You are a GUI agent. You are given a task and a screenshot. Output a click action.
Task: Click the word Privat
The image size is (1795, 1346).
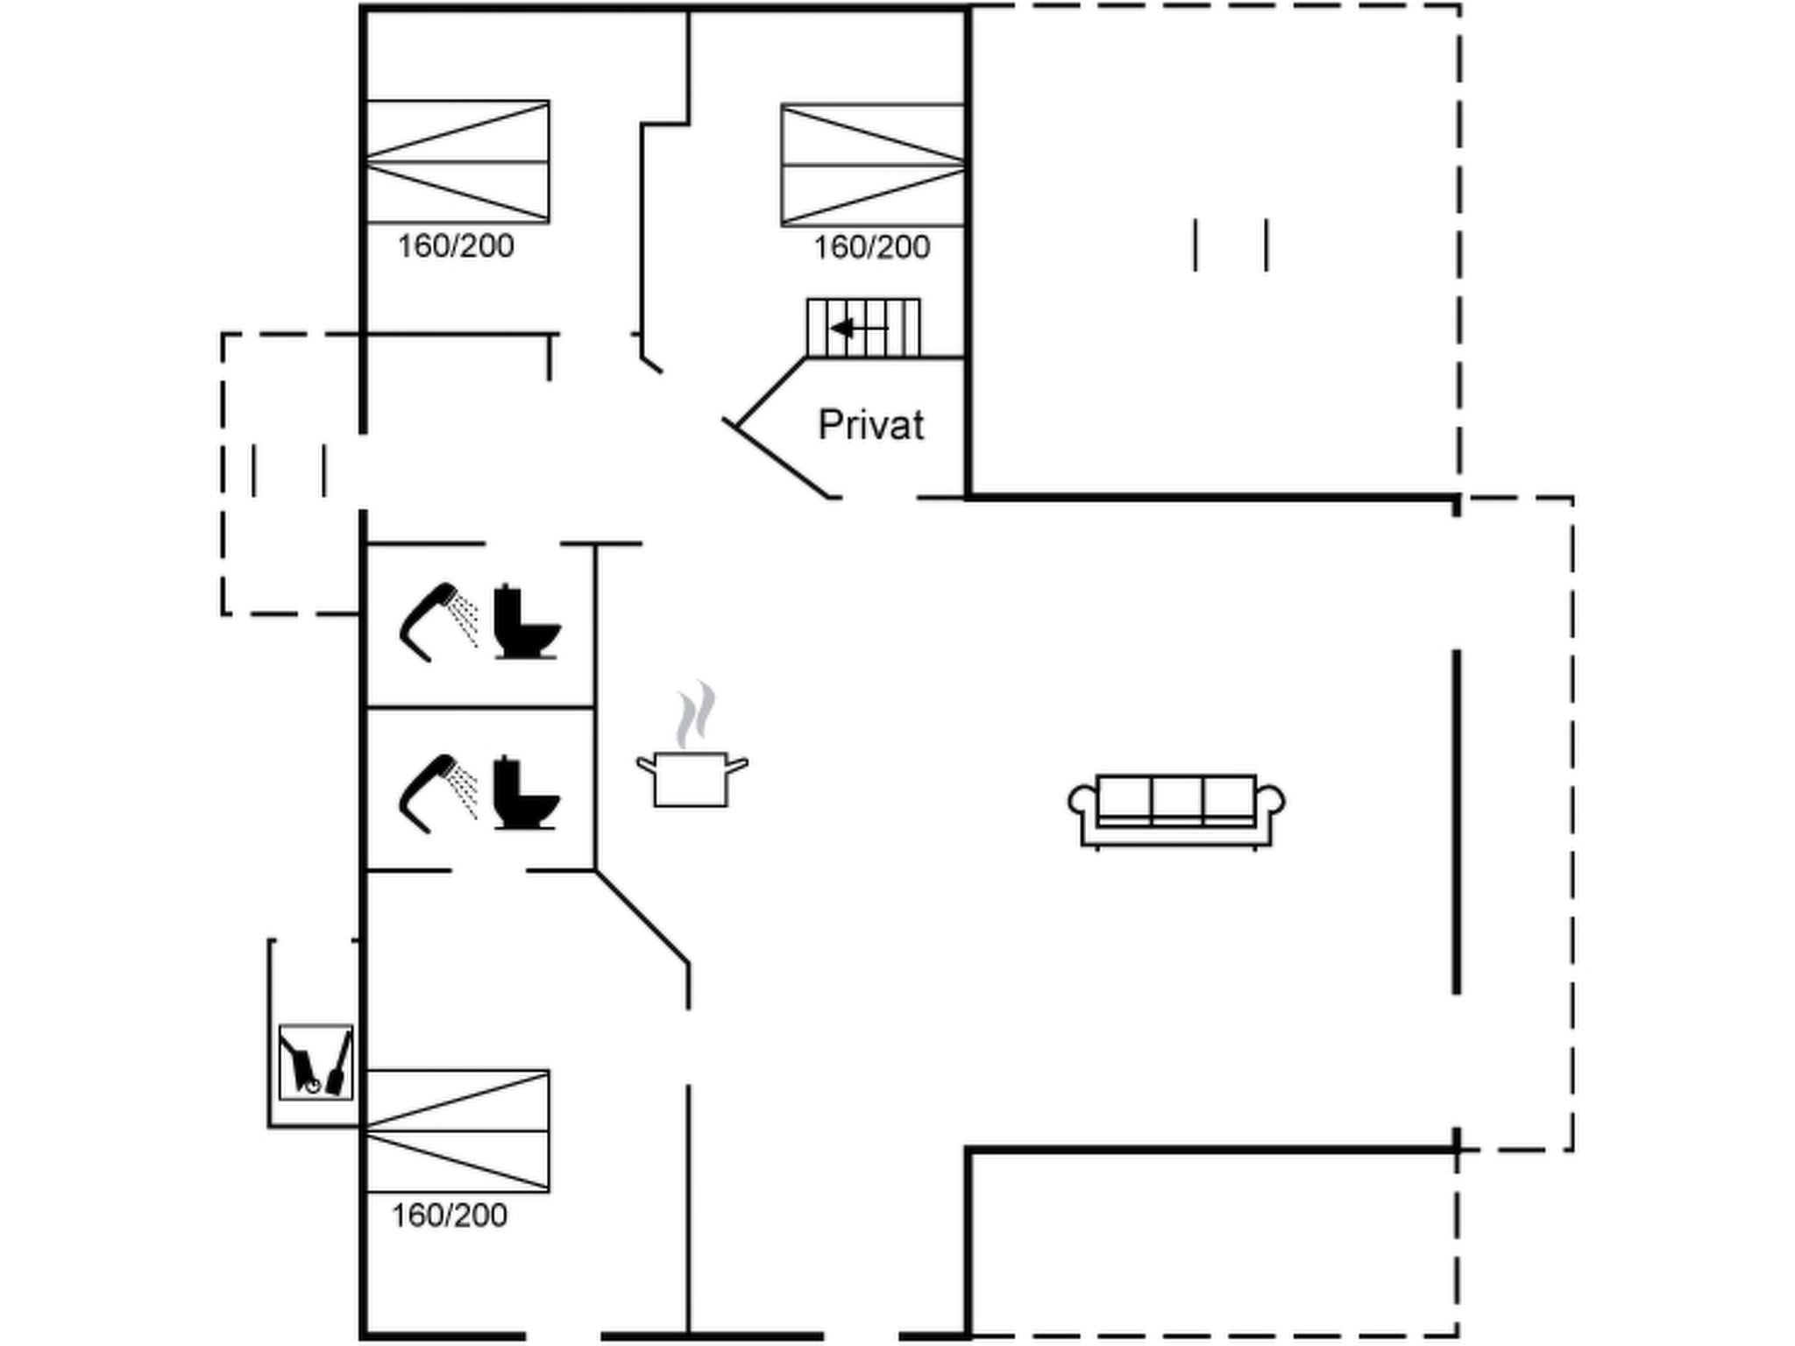point(870,425)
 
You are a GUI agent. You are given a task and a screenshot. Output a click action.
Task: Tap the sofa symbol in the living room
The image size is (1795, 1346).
point(1176,811)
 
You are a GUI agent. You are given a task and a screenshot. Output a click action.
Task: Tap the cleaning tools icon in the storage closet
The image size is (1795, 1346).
point(316,1062)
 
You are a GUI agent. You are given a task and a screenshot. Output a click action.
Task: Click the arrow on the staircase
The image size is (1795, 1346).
point(859,329)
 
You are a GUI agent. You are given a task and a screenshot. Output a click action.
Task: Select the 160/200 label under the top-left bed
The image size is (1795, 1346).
point(456,246)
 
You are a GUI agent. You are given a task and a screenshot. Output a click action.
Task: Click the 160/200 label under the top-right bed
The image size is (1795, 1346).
point(872,247)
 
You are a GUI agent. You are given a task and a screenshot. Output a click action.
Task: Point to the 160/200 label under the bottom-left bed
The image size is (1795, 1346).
point(450,1215)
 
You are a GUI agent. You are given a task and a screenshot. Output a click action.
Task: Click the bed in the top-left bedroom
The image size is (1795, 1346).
point(458,162)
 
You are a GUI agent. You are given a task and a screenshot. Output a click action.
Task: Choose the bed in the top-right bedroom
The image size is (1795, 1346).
point(873,165)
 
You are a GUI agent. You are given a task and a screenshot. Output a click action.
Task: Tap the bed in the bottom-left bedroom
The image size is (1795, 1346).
point(458,1131)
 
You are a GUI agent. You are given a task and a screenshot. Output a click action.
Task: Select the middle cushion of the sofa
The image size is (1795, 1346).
point(1176,797)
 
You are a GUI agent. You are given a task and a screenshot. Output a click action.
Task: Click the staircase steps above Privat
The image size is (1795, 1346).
point(863,328)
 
